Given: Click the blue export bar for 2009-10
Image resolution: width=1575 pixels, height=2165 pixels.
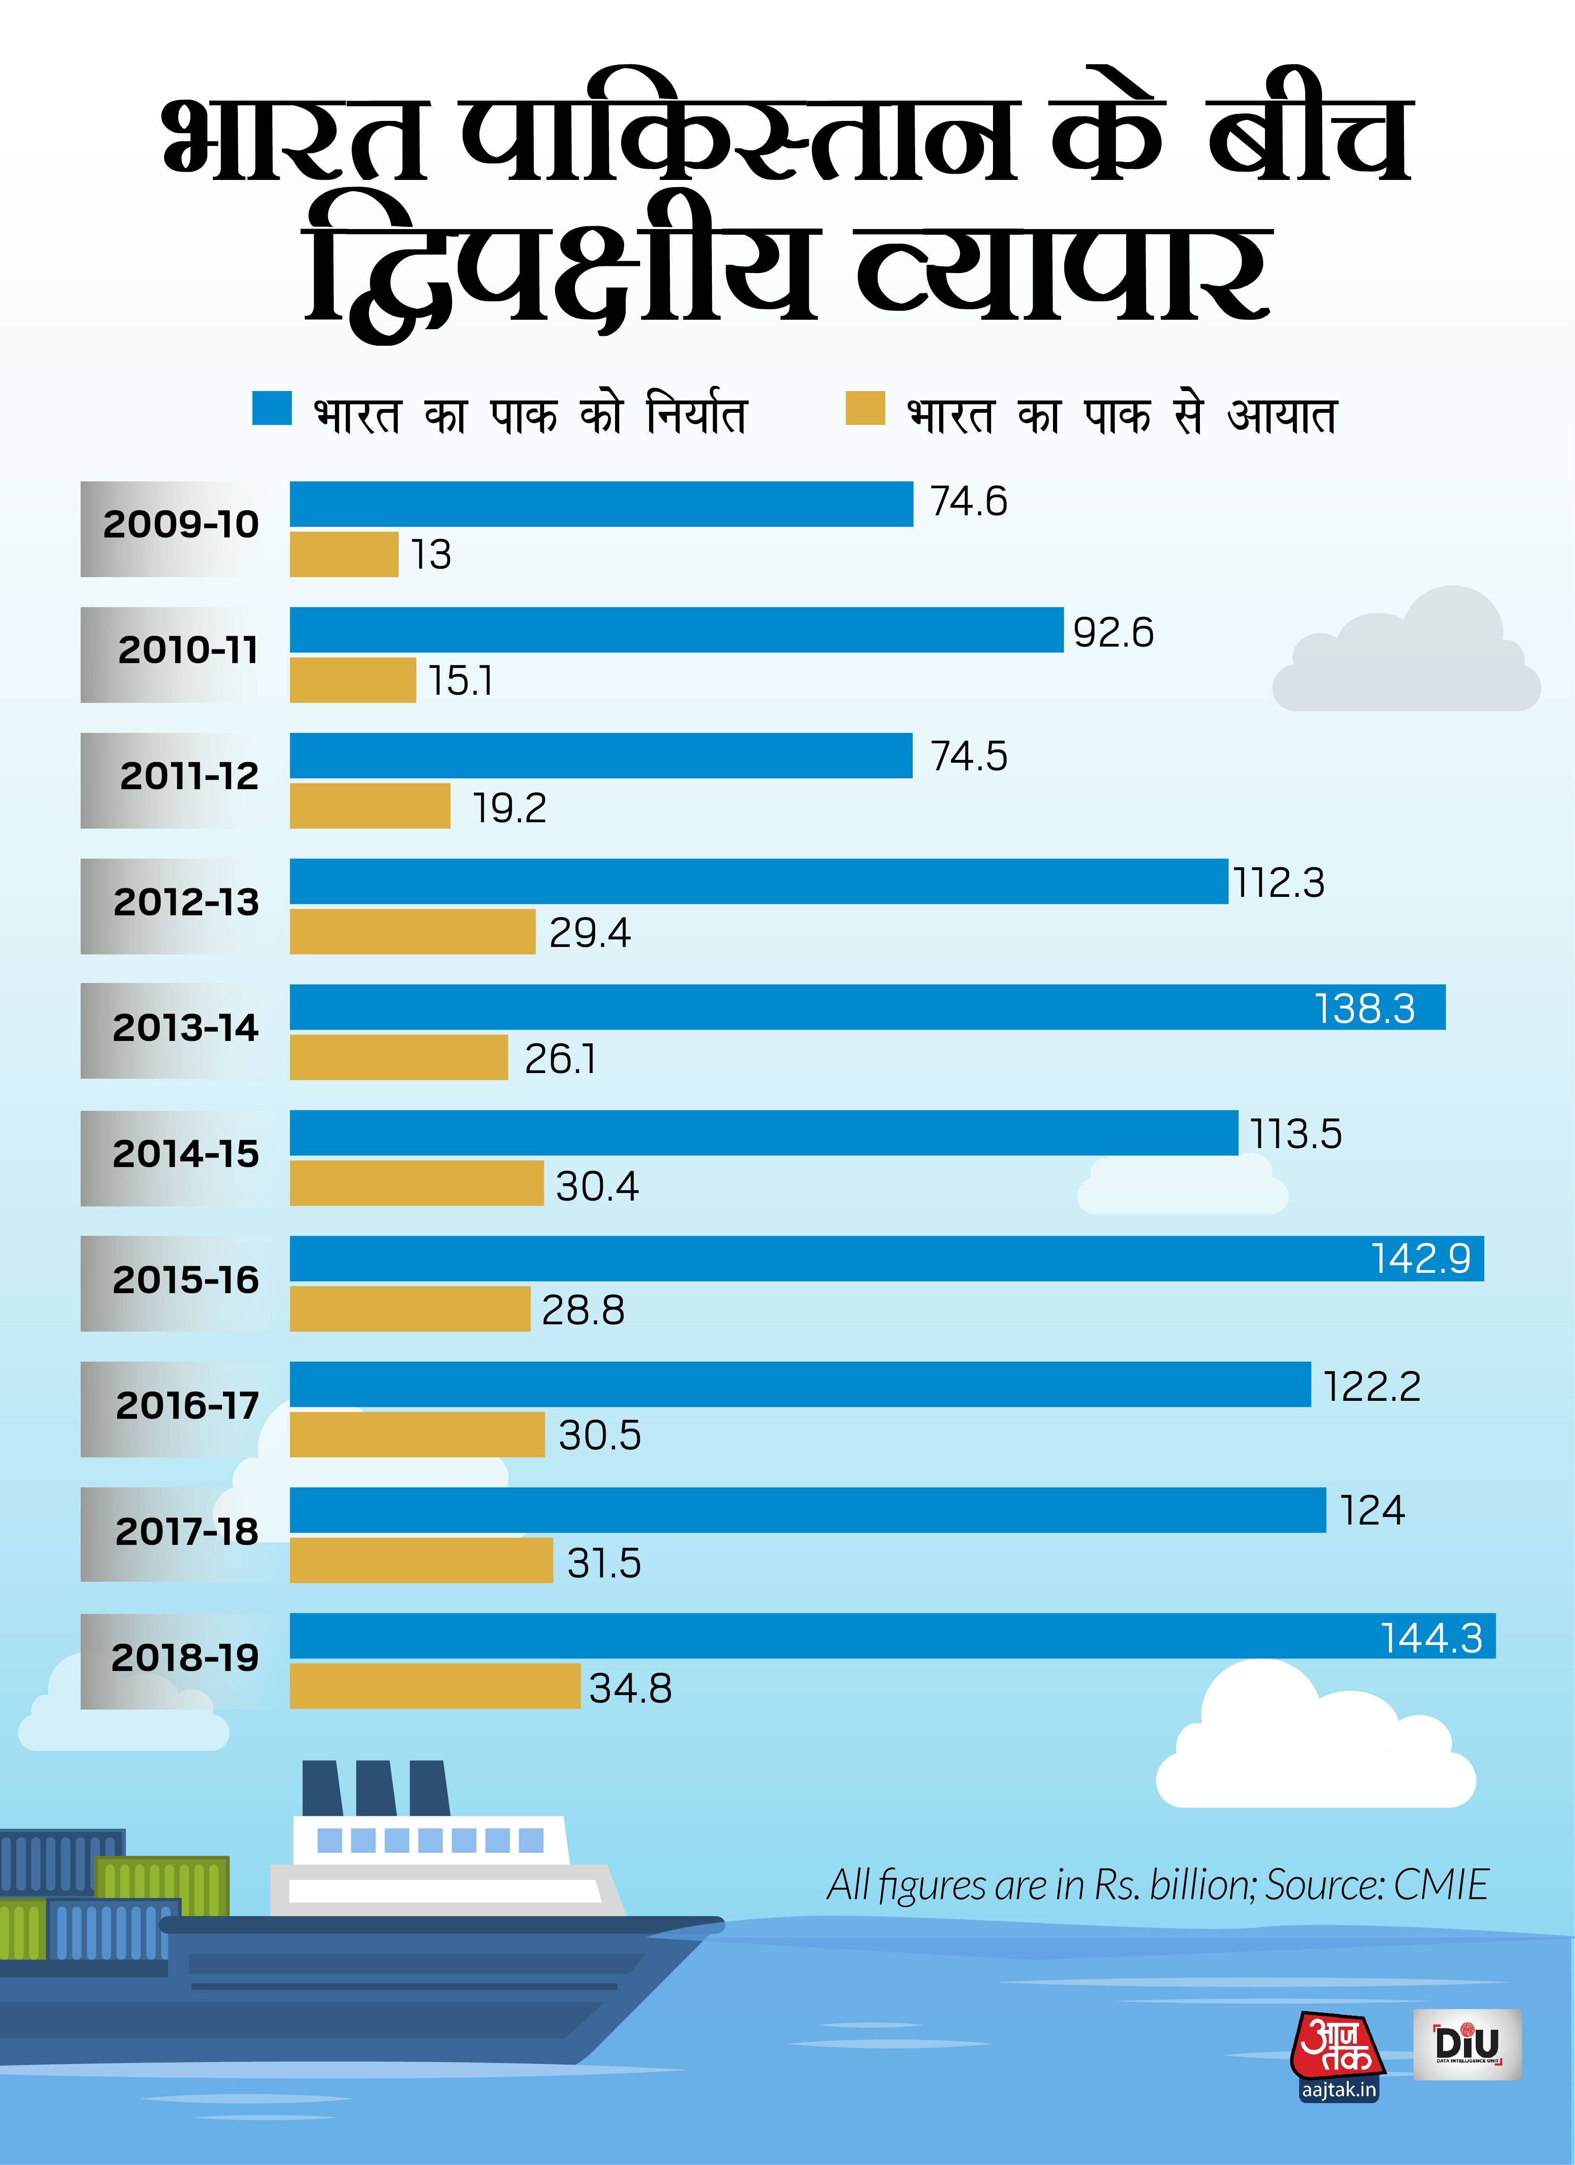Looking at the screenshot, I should (x=601, y=504).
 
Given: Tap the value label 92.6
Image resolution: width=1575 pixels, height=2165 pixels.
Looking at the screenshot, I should (x=1113, y=633).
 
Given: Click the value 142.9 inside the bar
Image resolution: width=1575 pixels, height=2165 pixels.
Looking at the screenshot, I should (x=1421, y=1258).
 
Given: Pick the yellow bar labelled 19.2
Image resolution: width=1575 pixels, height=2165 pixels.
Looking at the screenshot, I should (x=370, y=807).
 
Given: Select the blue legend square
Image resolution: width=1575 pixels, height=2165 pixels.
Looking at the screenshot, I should (x=271, y=408).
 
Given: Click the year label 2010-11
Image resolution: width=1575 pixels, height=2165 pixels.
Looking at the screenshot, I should (x=188, y=650).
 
